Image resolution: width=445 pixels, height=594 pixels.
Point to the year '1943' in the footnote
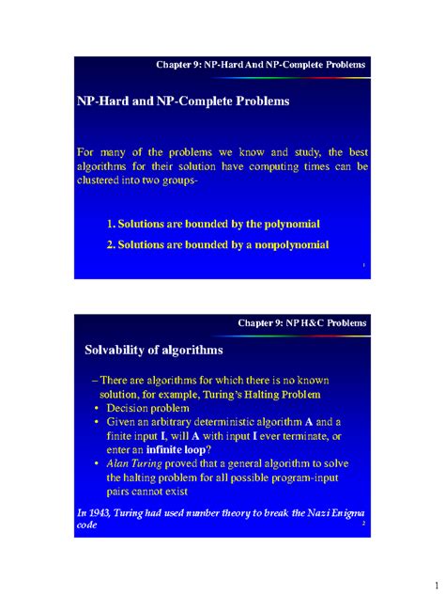tap(97, 508)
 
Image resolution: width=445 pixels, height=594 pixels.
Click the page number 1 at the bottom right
tap(423, 573)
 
